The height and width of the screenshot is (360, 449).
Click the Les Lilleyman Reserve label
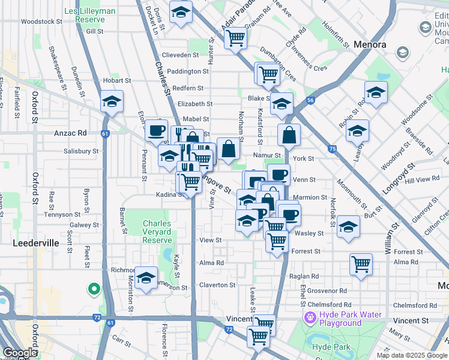[x=90, y=16]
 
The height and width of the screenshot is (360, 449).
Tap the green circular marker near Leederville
[x=94, y=290]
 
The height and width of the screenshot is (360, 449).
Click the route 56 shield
[x=310, y=101]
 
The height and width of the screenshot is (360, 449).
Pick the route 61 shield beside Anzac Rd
[x=105, y=134]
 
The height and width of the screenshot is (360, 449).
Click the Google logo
[x=20, y=353]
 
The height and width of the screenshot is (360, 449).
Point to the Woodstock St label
[x=41, y=21]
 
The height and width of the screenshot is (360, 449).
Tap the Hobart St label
[x=116, y=80]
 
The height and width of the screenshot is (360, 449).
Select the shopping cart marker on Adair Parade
[x=235, y=38]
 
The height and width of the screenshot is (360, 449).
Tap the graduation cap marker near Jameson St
[x=145, y=278]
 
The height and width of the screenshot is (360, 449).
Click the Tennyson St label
[x=64, y=214]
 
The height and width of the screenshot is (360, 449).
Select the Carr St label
[x=121, y=343]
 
